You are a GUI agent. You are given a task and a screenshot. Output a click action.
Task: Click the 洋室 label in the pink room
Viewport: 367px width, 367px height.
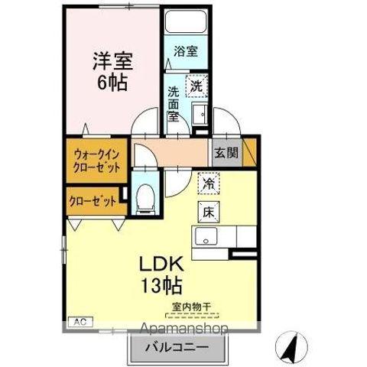pos(109,58)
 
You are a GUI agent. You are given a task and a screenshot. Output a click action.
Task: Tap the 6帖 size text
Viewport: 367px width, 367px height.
pos(110,82)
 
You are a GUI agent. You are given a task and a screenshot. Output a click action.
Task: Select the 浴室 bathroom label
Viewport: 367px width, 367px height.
pos(185,52)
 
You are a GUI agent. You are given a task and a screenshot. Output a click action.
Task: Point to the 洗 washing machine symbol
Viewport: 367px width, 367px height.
pos(196,88)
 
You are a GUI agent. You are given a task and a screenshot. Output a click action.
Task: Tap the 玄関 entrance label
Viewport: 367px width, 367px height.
pos(226,151)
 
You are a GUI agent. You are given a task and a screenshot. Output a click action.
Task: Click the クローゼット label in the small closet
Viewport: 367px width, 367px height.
pos(93,203)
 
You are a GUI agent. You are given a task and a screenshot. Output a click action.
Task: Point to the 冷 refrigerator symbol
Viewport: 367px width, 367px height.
pos(206,183)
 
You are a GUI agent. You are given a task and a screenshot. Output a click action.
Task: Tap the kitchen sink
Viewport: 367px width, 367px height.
pos(205,236)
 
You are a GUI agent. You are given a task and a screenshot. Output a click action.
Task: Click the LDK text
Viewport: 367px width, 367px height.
pos(161,264)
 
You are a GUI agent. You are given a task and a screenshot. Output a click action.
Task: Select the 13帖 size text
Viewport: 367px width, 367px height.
pos(160,287)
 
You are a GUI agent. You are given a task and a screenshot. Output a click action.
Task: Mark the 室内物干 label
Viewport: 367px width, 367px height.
pos(191,307)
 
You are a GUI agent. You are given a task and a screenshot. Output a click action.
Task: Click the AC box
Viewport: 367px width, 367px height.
pos(78,322)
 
